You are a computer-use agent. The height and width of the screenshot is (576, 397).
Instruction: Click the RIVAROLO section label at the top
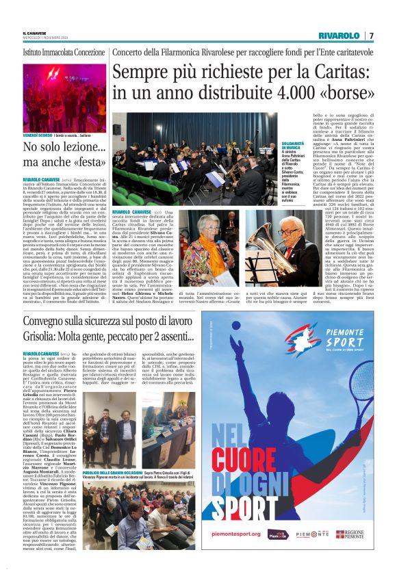[339, 36]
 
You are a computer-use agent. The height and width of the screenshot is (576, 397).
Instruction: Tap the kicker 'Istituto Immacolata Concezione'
[64, 52]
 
